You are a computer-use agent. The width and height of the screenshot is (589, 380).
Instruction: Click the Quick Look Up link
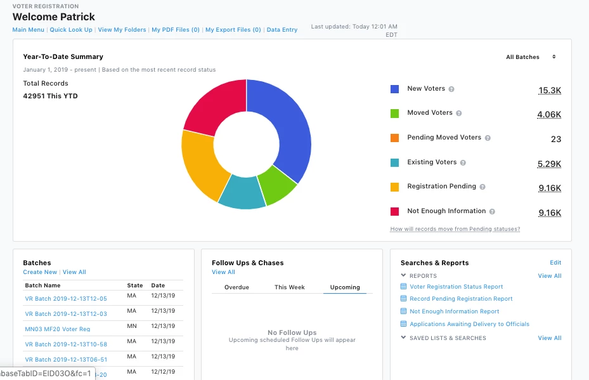[71, 30]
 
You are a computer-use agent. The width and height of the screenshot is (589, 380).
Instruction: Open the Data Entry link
[282, 30]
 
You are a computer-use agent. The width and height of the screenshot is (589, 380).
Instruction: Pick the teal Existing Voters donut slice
[242, 193]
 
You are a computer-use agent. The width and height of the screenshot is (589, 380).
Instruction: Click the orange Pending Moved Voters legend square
[394, 138]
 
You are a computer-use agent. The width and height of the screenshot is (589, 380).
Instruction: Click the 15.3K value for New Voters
[549, 91]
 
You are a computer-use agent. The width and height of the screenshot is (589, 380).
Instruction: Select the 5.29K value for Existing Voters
[549, 164]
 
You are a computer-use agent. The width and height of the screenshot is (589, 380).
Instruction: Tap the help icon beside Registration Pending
[482, 187]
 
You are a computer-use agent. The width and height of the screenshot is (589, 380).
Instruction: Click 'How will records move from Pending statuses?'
[455, 229]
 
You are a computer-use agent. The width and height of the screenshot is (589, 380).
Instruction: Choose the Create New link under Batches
[40, 272]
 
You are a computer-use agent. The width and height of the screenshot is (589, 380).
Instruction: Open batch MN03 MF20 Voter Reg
[58, 329]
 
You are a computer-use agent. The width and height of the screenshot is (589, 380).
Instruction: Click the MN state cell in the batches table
[131, 327]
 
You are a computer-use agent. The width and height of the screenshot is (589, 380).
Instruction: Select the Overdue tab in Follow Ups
[236, 287]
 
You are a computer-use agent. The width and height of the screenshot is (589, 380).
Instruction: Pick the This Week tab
[289, 287]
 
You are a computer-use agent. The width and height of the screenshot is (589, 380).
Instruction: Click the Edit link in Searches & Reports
[555, 263]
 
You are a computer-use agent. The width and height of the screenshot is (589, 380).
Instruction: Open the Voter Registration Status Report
[456, 287]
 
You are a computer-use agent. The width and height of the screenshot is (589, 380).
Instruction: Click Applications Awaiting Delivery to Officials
[469, 324]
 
